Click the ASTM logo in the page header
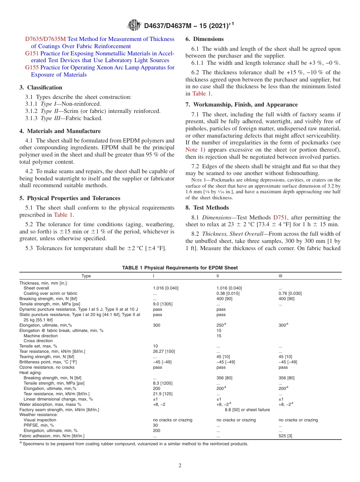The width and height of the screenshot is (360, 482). coord(135,25)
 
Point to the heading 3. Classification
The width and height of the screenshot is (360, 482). coord(41,87)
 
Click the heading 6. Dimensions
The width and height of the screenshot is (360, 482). coord(204,39)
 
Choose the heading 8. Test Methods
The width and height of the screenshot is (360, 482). coord(207,208)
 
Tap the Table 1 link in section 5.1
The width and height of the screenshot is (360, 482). coord(63,215)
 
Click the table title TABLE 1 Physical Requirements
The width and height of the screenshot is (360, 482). coord(180,268)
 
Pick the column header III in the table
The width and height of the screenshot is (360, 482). coord(280,276)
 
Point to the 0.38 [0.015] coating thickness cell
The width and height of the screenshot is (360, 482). coord(228,293)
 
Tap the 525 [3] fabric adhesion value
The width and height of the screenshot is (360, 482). coord(285,436)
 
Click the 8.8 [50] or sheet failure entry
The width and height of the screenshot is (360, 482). coord(247,410)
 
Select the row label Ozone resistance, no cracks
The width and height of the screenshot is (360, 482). coord(47,367)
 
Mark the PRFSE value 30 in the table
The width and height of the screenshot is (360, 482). coord(155,425)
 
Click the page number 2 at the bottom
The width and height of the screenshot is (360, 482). coord(180,466)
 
